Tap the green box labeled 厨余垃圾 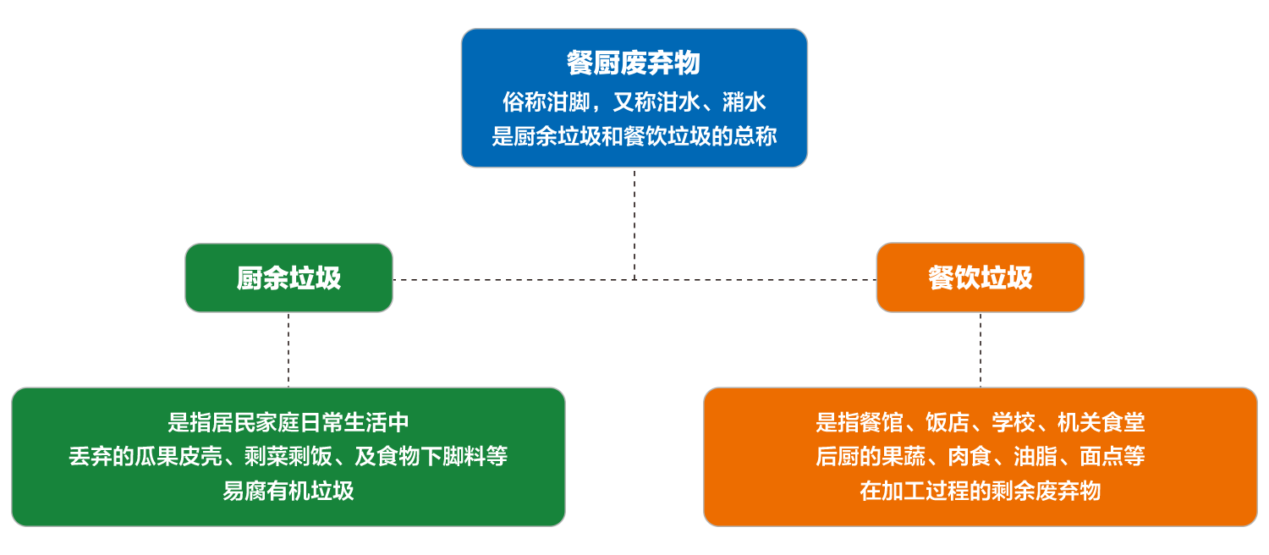coord(288,278)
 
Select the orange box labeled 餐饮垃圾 coord(980,278)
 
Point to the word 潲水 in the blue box coord(744,102)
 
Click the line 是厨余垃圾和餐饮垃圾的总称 coord(634,136)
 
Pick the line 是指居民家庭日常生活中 coord(288,422)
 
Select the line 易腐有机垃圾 coord(288,491)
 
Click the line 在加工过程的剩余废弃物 coord(980,491)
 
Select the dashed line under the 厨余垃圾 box coord(288,349)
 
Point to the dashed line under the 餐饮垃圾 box coord(981,349)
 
